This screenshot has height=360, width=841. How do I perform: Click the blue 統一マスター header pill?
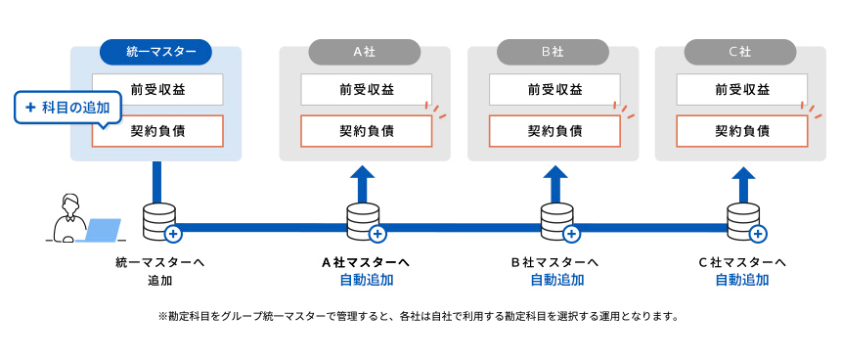click(155, 52)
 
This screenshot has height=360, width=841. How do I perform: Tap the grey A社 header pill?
click(364, 52)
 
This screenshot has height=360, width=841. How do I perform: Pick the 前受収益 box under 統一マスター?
click(157, 90)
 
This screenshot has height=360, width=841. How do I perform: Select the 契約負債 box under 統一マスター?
click(157, 131)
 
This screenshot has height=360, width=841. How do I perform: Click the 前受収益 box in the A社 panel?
click(365, 90)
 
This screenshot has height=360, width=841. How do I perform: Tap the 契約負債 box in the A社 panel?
click(365, 131)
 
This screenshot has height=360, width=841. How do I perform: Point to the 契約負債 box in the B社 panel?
click(553, 131)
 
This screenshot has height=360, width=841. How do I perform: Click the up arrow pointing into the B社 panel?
click(555, 183)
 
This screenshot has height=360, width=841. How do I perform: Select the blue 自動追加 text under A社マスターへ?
click(365, 281)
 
